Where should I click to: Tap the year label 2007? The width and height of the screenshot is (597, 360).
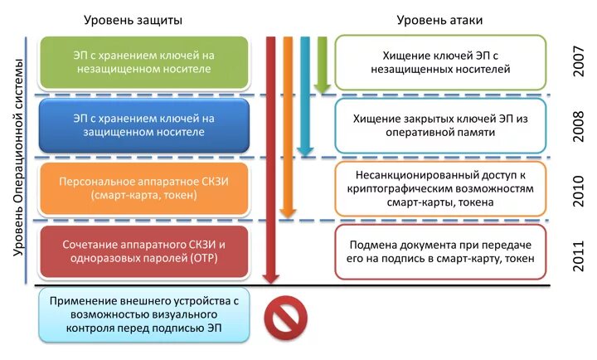[x=580, y=62]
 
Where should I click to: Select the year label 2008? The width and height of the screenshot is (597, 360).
[x=580, y=125]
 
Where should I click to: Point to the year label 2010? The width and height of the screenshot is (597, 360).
[x=580, y=190]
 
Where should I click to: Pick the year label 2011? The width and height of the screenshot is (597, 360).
[x=580, y=252]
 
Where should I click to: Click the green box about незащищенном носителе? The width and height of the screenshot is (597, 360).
[x=143, y=62]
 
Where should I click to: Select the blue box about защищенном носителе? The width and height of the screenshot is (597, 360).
[x=143, y=125]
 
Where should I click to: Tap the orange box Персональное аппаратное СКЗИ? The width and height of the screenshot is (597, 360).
[x=143, y=188]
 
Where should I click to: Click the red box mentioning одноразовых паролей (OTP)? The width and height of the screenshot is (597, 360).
[x=143, y=251]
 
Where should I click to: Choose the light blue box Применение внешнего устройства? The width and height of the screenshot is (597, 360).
[x=143, y=315]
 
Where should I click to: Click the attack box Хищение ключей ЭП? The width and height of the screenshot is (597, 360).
[x=440, y=62]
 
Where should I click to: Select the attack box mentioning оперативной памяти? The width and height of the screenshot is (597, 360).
[x=440, y=125]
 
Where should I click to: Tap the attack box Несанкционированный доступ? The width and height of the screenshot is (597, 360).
[x=440, y=188]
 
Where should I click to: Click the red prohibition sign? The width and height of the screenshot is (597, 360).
[x=284, y=318]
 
